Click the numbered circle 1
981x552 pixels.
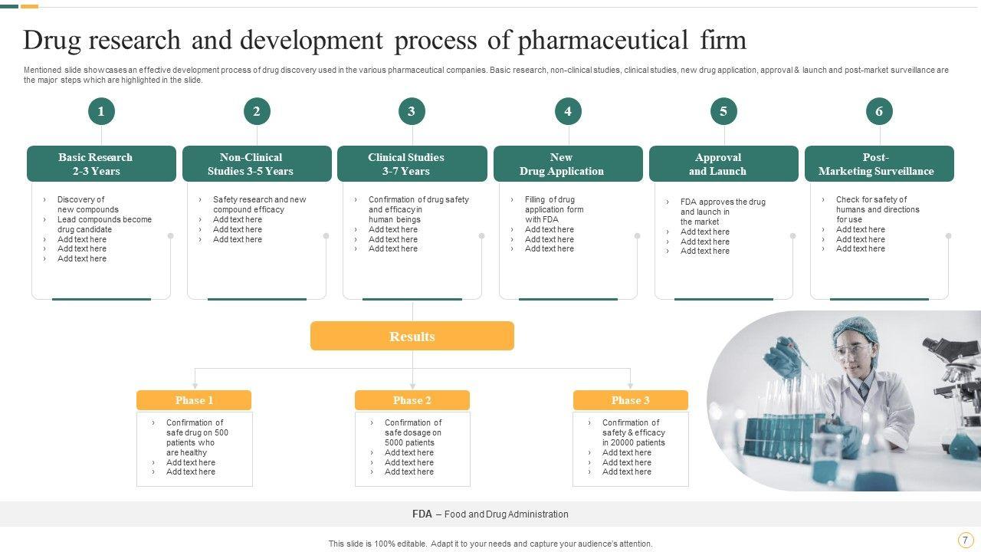coord(101,111)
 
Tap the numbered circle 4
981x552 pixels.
coord(568,111)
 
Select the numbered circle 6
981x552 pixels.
coord(879,111)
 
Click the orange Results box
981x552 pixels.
coord(412,336)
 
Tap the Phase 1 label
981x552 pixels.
coord(194,400)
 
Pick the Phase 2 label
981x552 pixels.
coord(412,400)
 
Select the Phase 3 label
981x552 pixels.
coord(631,400)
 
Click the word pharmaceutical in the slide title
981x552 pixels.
coord(602,40)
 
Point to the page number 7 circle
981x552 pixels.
coord(966,540)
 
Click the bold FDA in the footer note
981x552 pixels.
coord(422,514)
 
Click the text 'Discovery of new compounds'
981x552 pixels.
coord(87,205)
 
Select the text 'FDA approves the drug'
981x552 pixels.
coord(723,202)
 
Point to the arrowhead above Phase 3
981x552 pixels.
coord(631,385)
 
